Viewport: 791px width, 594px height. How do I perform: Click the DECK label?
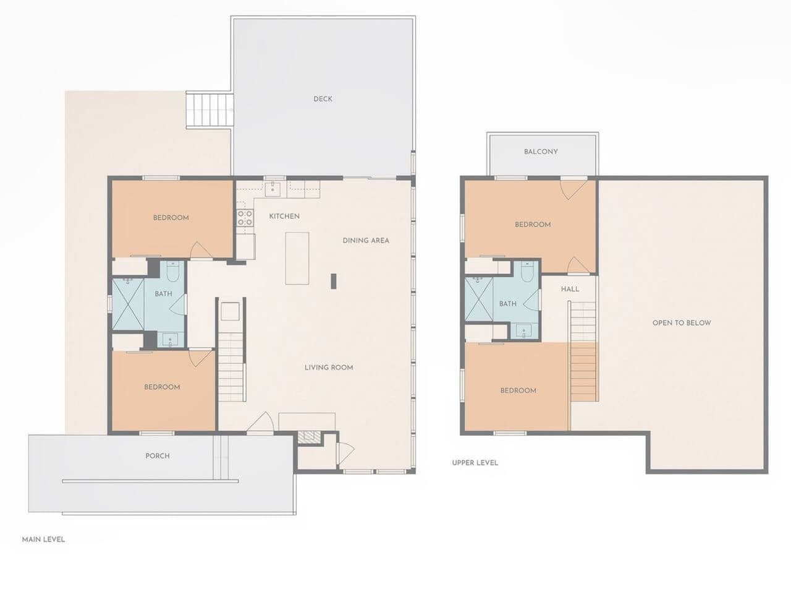[x=323, y=99]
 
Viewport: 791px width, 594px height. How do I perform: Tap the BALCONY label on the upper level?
[x=541, y=152]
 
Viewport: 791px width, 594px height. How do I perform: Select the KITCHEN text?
[x=284, y=216]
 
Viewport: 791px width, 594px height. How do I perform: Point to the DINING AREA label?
[x=366, y=240]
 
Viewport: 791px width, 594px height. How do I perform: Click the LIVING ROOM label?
[x=329, y=367]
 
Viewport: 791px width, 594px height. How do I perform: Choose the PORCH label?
[x=158, y=455]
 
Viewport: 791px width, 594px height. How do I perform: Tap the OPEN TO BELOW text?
[x=682, y=323]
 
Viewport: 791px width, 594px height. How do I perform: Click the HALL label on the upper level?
[x=570, y=289]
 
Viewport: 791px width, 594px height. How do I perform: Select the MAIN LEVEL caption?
[x=44, y=540]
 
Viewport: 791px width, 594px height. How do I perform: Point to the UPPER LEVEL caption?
[x=475, y=463]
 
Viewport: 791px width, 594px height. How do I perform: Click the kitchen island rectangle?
[x=297, y=258]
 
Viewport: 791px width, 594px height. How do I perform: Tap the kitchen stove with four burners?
[x=245, y=217]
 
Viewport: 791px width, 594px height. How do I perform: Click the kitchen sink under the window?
[x=273, y=189]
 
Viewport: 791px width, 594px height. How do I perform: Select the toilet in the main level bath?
[x=173, y=272]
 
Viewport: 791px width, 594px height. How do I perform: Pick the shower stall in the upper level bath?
[x=478, y=299]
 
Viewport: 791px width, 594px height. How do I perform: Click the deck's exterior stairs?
[x=208, y=110]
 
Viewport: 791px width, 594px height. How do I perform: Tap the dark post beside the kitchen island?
[x=334, y=281]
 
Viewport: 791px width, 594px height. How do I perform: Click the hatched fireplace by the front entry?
[x=309, y=437]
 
